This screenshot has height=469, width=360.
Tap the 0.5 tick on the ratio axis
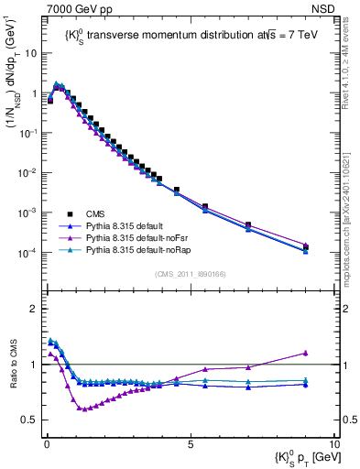31,420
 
